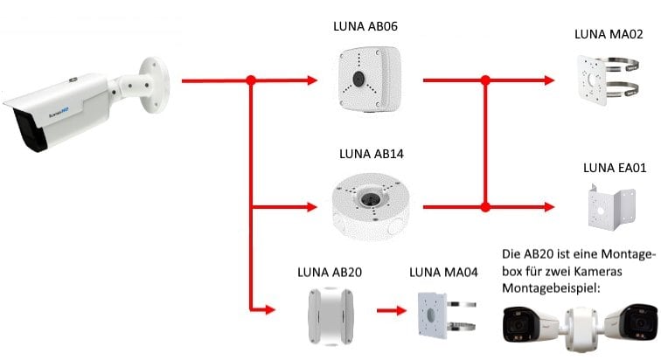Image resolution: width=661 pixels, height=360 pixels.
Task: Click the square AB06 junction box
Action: (358, 80)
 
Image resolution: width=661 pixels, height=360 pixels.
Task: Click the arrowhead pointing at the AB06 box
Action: (312, 80)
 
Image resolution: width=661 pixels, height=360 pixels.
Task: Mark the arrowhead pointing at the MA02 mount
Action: (550, 80)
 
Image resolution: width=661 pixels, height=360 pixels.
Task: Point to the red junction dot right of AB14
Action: (484, 207)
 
